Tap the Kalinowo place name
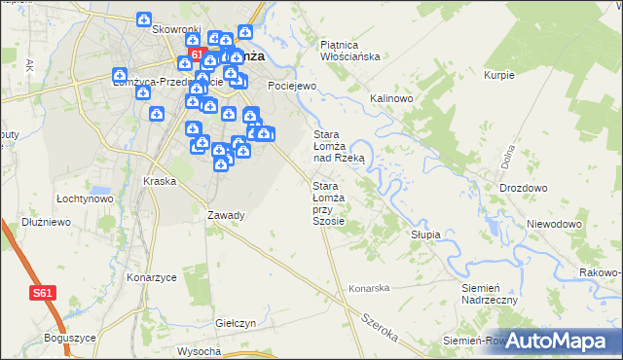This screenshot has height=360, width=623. coord(392,99)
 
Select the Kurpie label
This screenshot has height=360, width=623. coord(498,75)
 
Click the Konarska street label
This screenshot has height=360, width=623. coord(369,288)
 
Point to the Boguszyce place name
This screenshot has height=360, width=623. coord(69,338)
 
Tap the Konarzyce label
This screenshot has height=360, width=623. coord(151,277)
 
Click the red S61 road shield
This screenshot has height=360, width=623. coord(41,292)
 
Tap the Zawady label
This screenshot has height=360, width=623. coord(226,215)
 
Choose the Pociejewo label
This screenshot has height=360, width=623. coord(293,86)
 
